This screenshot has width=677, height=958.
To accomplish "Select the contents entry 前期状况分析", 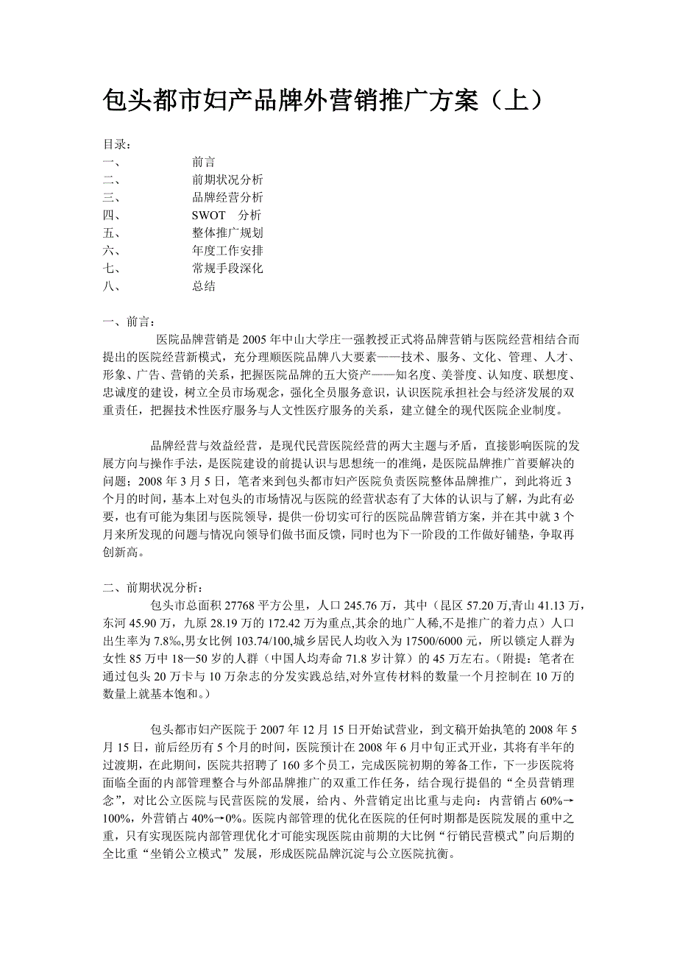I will [227, 180].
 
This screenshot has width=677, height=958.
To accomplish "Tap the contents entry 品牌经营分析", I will [227, 197].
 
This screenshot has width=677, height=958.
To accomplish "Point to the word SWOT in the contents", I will [210, 216].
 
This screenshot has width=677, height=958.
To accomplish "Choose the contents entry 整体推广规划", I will [227, 233].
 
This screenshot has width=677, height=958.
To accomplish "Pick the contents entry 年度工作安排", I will [227, 251].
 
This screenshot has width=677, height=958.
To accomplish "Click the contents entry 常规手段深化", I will [227, 269].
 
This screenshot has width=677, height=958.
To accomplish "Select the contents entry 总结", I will [204, 286].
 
